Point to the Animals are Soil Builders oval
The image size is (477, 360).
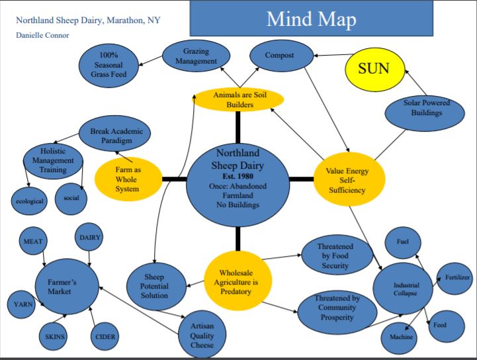[239, 99]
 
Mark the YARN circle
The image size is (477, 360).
[21, 305]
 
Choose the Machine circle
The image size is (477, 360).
[401, 337]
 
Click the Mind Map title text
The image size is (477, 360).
[311, 19]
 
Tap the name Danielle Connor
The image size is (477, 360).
[43, 35]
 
